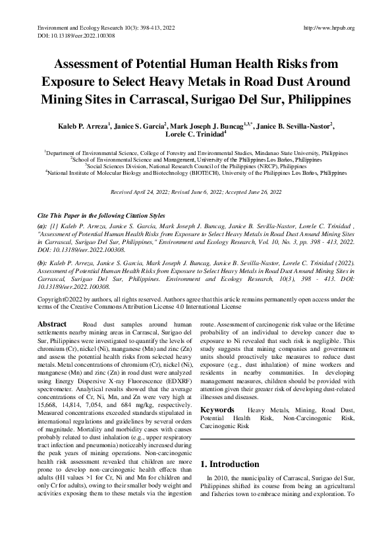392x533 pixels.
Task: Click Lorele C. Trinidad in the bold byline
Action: (194, 135)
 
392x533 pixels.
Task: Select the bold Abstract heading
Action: (52, 325)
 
